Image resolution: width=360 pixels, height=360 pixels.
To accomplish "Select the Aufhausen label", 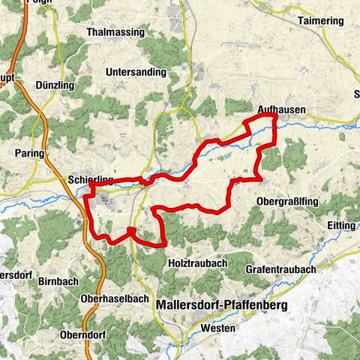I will (x=280, y=109).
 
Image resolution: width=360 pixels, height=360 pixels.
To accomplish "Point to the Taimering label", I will (x=319, y=21).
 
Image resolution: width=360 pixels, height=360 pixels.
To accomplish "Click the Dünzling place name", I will (x=54, y=85).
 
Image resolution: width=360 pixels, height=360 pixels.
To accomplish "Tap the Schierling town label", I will (x=90, y=180).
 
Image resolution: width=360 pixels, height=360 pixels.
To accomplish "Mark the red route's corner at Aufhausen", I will (x=275, y=117).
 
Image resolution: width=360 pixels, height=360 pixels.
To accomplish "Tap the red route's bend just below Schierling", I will (x=91, y=194).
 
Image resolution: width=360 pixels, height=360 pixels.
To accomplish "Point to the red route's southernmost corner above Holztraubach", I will (x=163, y=244).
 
